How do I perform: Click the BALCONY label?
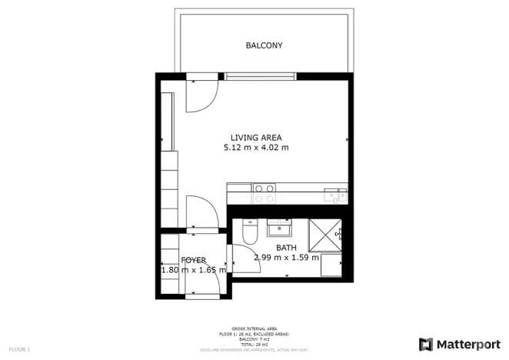[x=264, y=45]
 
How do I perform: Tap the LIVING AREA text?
[x=255, y=138]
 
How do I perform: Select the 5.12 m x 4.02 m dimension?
[x=255, y=148]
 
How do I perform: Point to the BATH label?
[x=286, y=248]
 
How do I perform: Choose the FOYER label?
[x=194, y=260]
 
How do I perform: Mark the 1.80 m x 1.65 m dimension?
[x=194, y=270]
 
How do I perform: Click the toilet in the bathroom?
[x=248, y=231]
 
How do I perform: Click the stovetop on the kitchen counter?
[x=264, y=193]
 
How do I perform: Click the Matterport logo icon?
[x=425, y=344]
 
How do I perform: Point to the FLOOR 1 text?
[x=18, y=350]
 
